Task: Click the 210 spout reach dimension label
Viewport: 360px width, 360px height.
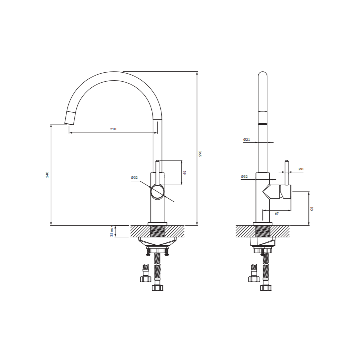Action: [113, 129]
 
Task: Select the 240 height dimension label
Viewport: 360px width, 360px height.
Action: [47, 174]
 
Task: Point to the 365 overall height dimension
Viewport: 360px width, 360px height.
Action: [200, 154]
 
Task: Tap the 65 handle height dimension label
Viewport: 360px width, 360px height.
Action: [185, 172]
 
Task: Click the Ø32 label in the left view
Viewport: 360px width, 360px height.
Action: [134, 177]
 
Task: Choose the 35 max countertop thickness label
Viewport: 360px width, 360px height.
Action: [112, 231]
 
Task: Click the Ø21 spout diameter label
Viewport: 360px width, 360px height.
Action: [247, 139]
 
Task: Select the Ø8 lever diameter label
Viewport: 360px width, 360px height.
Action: [301, 169]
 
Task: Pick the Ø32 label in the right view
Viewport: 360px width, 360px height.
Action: [244, 177]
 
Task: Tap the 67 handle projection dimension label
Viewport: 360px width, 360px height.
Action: [277, 214]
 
